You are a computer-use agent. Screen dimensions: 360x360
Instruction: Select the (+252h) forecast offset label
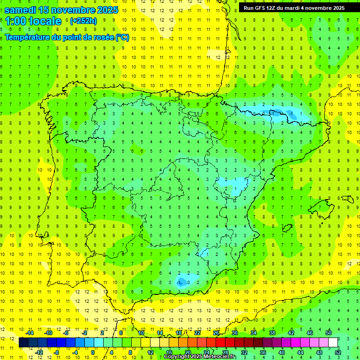(x=83, y=21)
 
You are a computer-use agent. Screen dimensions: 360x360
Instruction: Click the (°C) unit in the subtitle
(x=122, y=37)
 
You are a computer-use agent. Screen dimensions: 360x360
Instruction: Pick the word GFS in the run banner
(x=263, y=8)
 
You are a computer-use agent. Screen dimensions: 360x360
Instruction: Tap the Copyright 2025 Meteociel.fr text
(x=200, y=357)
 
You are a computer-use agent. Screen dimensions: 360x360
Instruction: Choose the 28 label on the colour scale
(x=225, y=352)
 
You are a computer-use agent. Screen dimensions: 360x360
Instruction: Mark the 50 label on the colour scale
(x=329, y=333)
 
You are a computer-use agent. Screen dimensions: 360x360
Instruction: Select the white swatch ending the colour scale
(x=333, y=343)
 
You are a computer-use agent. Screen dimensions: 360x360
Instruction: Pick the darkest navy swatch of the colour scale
(x=23, y=343)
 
